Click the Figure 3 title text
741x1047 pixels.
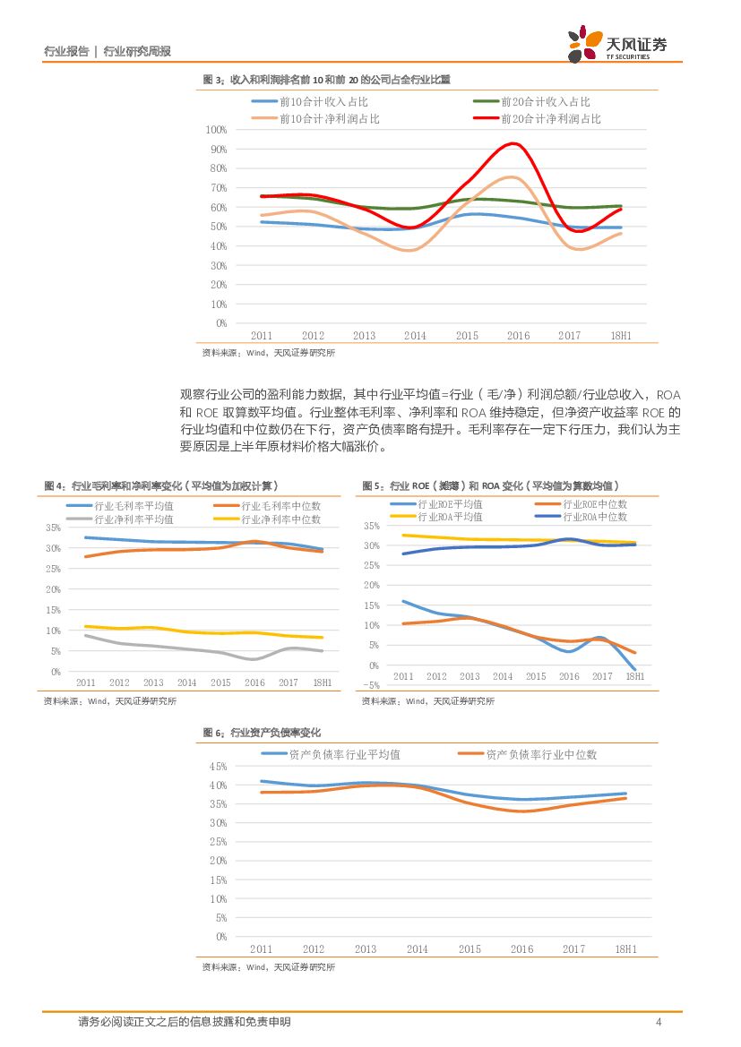326,80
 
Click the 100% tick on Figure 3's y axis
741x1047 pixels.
216,129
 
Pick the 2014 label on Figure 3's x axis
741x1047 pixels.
415,336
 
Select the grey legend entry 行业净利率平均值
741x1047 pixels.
134,519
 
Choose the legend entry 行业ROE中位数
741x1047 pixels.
594,504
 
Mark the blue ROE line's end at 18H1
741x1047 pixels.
635,669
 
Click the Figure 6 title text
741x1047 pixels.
262,733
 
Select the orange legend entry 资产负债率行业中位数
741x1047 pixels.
540,754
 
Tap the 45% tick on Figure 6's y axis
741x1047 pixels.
216,767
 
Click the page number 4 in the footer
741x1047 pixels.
659,1022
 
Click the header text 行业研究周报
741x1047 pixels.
137,51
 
